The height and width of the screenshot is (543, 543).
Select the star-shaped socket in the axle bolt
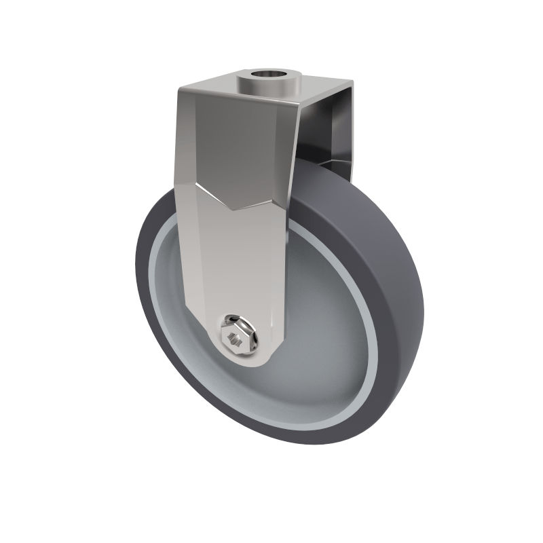click(x=236, y=337)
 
